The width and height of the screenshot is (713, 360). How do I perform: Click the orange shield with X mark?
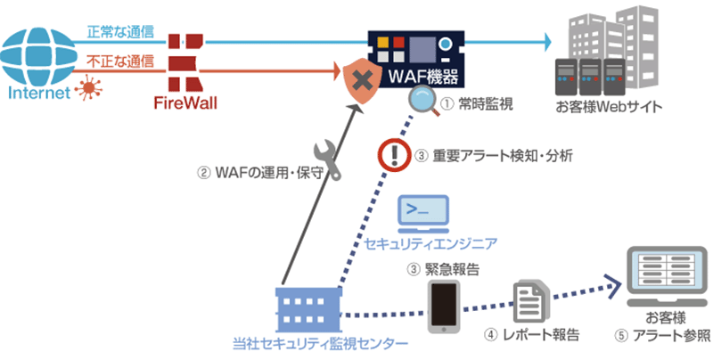(x=361, y=79)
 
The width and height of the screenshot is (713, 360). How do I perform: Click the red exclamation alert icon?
(x=392, y=155)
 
